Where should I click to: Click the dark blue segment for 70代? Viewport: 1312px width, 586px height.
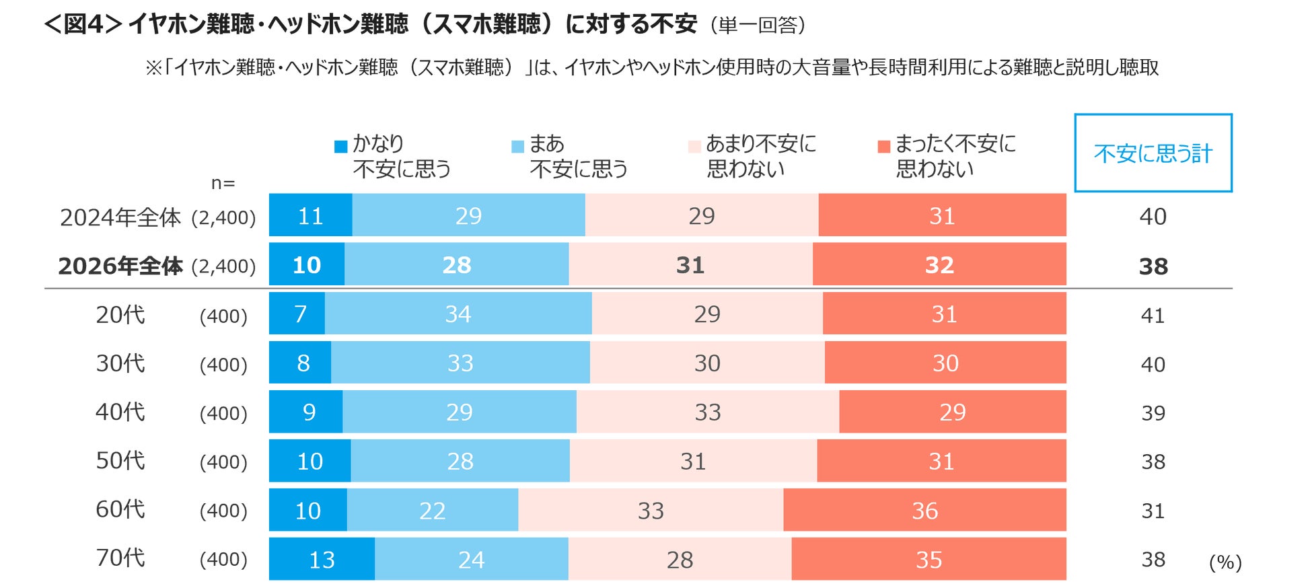pyautogui.click(x=322, y=559)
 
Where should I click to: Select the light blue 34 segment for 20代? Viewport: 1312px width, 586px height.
pyautogui.click(x=458, y=314)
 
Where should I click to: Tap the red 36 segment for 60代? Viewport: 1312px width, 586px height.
pyautogui.click(x=924, y=510)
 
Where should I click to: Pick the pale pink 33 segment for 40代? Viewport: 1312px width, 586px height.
pyautogui.click(x=708, y=412)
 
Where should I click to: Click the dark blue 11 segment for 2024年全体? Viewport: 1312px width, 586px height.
pyautogui.click(x=310, y=215)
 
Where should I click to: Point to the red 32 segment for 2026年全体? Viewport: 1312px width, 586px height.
pyautogui.click(x=939, y=264)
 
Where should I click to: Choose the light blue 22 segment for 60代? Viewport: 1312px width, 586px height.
pyautogui.click(x=433, y=510)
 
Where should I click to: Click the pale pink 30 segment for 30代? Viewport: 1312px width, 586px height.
pyautogui.click(x=707, y=363)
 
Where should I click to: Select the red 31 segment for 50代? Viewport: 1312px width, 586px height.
pyautogui.click(x=941, y=461)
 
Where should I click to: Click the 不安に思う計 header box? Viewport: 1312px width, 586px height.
pyautogui.click(x=1153, y=153)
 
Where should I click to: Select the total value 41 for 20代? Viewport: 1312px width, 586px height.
pyautogui.click(x=1153, y=315)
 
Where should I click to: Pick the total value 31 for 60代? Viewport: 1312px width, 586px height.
pyautogui.click(x=1153, y=511)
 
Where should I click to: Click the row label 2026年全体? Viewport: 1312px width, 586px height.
pyautogui.click(x=120, y=266)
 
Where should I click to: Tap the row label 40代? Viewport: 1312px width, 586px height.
pyautogui.click(x=120, y=412)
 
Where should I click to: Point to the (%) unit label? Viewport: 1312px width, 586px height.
pyautogui.click(x=1225, y=562)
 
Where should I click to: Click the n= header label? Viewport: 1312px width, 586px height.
pyautogui.click(x=223, y=183)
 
